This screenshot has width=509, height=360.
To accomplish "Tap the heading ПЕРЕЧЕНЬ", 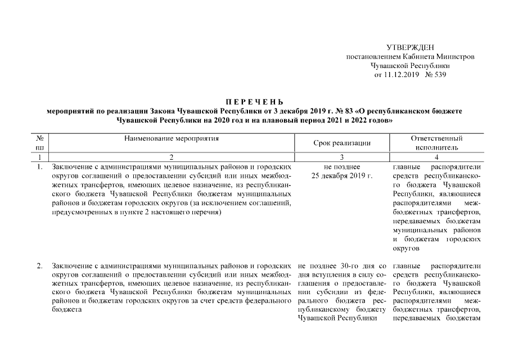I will point(254,102).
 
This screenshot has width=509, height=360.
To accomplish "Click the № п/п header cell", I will point(40,143).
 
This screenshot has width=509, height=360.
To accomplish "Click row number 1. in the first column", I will point(40,167).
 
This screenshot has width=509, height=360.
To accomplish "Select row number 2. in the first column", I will point(40,265).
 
